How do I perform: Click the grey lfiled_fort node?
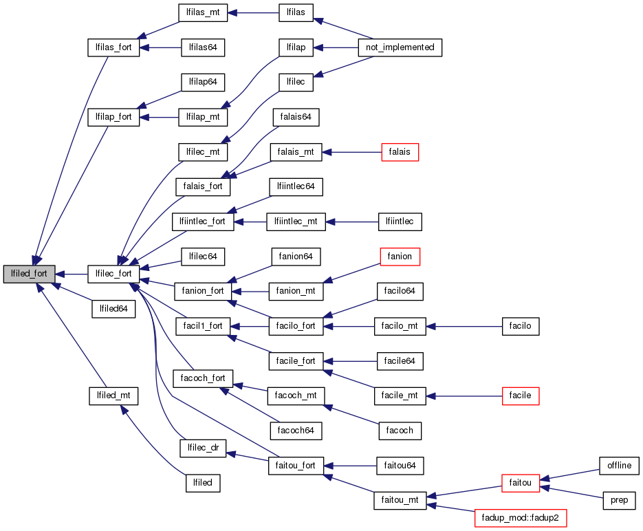pyautogui.click(x=29, y=273)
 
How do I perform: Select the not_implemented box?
pyautogui.click(x=400, y=47)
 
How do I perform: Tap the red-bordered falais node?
pyautogui.click(x=400, y=152)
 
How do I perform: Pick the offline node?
pyautogui.click(x=619, y=466)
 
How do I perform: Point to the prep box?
pyautogui.click(x=619, y=500)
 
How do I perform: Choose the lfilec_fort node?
pyautogui.click(x=113, y=273)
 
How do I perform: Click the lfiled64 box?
pyautogui.click(x=113, y=309)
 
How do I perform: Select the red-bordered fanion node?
pyautogui.click(x=400, y=257)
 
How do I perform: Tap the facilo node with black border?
pyautogui.click(x=521, y=325)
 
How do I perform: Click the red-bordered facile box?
pyautogui.click(x=521, y=395)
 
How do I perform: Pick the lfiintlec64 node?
pyautogui.click(x=296, y=186)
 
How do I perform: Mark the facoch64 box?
pyautogui.click(x=296, y=431)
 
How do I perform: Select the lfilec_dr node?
pyautogui.click(x=203, y=448)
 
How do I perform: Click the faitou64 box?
pyautogui.click(x=400, y=466)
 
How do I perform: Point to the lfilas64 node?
pyautogui.click(x=203, y=47)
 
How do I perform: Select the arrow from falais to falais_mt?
pyautogui.click(x=351, y=152)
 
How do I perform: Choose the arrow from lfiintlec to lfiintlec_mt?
pyautogui.click(x=351, y=221)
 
